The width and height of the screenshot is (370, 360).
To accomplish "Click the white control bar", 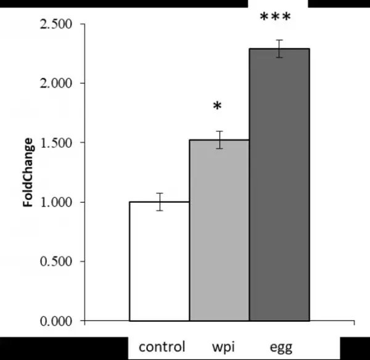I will click(x=159, y=261).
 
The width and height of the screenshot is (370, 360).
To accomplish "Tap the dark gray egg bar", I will click(x=279, y=185).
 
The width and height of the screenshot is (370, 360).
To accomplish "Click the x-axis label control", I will click(x=162, y=343).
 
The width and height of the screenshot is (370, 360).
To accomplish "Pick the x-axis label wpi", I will click(x=219, y=343).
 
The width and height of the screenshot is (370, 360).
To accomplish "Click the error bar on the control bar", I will click(x=159, y=202).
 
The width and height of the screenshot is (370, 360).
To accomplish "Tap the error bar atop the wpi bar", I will click(x=219, y=140).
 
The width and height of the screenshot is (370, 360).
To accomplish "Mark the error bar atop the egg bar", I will click(x=279, y=49).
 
